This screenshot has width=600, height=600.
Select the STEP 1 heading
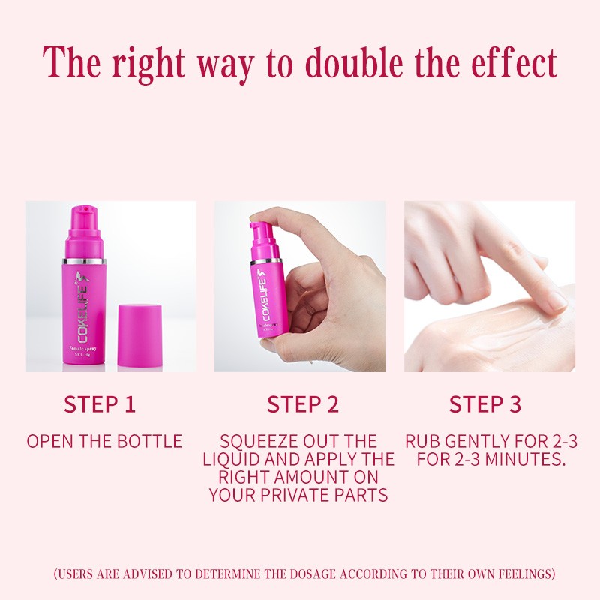(x=100, y=404)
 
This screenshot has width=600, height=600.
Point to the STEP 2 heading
(x=303, y=404)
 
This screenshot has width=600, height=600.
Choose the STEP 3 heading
(x=484, y=404)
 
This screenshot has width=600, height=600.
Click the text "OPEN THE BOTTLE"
(x=104, y=441)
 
